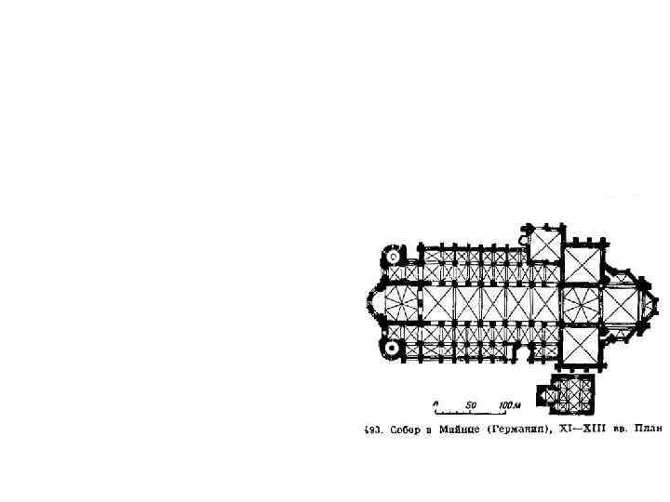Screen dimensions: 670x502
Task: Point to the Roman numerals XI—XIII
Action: [579, 430]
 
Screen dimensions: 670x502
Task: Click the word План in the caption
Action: [649, 430]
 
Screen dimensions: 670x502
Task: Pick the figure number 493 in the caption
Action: [369, 430]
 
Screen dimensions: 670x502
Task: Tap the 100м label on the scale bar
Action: [508, 405]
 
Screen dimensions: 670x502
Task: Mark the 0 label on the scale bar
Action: [435, 405]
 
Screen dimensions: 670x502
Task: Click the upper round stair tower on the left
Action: [393, 255]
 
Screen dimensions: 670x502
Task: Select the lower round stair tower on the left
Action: [393, 348]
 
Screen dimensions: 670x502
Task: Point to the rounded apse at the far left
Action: [373, 301]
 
